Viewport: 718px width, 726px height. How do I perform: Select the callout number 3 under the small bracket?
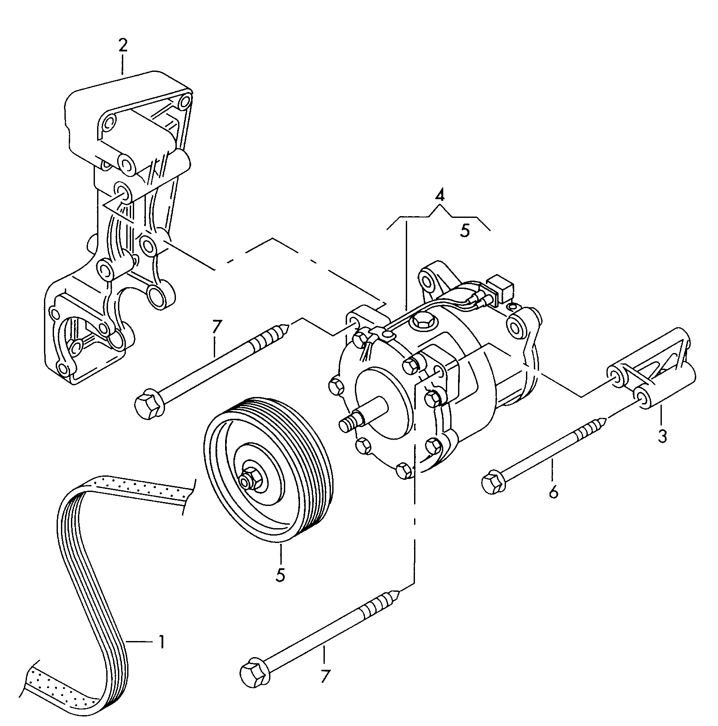click(662, 436)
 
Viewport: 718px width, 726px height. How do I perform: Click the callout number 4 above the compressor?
click(440, 195)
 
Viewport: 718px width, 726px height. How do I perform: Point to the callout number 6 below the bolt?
click(553, 492)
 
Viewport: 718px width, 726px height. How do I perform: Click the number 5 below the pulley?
click(280, 575)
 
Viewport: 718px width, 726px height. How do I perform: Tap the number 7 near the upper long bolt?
click(217, 327)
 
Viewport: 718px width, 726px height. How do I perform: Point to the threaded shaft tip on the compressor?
click(346, 424)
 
